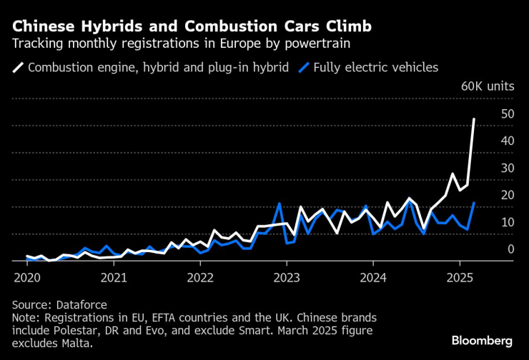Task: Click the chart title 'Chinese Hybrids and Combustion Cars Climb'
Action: coord(192,27)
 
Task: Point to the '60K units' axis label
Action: coord(488,86)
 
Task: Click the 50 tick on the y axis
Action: coord(508,114)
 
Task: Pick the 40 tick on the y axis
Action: coord(508,141)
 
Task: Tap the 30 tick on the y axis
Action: coord(508,168)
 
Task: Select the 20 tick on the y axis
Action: coord(508,195)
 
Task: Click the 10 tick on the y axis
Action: coord(508,222)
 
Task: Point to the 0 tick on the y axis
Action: coord(510,249)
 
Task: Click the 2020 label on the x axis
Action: coord(27,277)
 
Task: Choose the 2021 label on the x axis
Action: coord(114,277)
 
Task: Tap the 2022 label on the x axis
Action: coord(200,277)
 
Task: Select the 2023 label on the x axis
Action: coord(287,277)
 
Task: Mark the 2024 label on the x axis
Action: coord(373,277)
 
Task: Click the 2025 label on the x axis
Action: coord(460,277)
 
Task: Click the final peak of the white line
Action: coord(474,119)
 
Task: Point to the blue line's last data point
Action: coord(474,203)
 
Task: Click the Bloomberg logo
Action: coord(481,339)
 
